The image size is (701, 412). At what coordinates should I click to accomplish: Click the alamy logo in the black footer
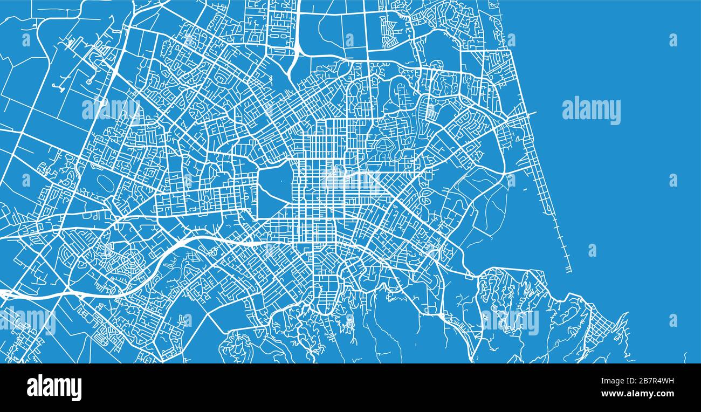coord(54,388)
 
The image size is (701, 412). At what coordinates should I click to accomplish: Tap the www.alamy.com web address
coord(640,393)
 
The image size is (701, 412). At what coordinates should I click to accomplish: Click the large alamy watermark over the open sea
coord(591,111)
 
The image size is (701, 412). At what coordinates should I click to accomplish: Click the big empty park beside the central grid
coord(274,192)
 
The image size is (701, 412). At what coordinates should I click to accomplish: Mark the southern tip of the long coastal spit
coord(569,270)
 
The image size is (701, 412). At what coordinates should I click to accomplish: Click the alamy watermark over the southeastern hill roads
coord(510,322)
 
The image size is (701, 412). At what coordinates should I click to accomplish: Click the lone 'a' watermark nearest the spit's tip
coord(592,250)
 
